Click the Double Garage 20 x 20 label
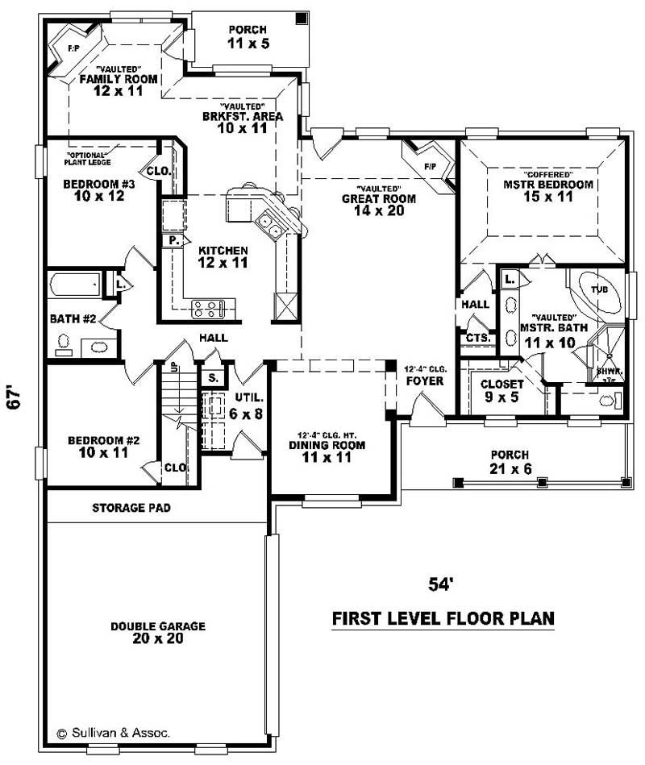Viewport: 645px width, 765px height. point(159,632)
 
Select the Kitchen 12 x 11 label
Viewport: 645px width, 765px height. point(223,256)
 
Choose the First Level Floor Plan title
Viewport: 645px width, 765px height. point(443,619)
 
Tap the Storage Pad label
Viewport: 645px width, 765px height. point(131,508)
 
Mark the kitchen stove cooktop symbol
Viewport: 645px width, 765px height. point(213,307)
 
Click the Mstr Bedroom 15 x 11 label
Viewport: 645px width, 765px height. point(547,189)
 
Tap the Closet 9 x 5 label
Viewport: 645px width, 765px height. point(501,390)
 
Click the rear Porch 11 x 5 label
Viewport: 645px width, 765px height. point(248,37)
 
